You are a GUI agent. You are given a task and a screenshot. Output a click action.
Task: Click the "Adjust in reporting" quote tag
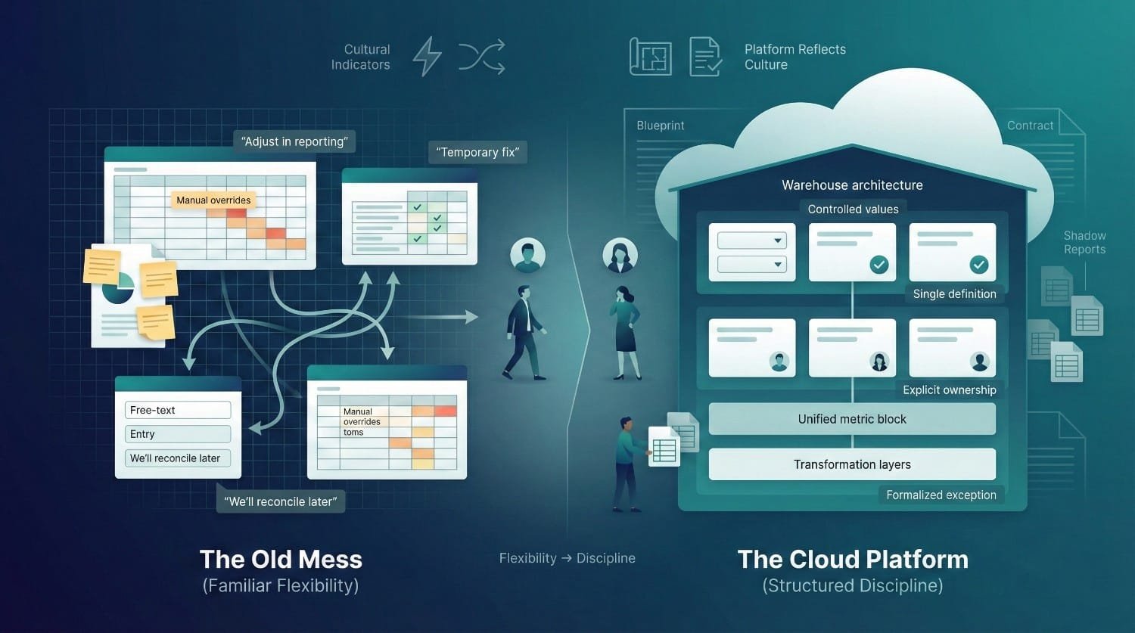[294, 141]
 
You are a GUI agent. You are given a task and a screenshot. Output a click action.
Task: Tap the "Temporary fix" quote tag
[477, 152]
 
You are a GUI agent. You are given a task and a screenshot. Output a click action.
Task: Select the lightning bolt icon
[427, 57]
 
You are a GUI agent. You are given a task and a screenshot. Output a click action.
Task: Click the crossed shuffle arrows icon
[481, 57]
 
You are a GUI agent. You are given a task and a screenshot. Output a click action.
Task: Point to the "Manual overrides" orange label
[213, 200]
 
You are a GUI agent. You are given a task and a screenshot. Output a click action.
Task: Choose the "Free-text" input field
[178, 410]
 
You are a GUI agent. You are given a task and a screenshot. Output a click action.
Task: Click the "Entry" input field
[178, 434]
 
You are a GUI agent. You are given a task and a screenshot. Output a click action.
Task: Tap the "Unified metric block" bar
[852, 419]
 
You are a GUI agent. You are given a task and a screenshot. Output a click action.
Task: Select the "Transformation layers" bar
[852, 464]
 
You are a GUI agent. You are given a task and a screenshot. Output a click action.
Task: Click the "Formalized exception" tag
[941, 495]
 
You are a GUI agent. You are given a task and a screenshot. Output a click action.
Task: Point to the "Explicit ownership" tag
[949, 389]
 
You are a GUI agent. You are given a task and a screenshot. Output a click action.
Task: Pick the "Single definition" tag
[954, 294]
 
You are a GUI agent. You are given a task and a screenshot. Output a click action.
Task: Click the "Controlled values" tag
[853, 209]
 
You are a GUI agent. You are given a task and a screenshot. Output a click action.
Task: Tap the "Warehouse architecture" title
[852, 185]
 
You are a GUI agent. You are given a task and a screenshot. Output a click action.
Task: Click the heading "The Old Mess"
[281, 560]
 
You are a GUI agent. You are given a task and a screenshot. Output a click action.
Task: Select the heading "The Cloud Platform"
[853, 560]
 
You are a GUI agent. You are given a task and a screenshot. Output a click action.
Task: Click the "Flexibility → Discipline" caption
[567, 558]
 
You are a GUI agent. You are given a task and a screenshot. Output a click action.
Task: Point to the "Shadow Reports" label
[1084, 243]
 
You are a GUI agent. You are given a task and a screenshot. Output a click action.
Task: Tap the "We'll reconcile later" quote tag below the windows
[281, 501]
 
